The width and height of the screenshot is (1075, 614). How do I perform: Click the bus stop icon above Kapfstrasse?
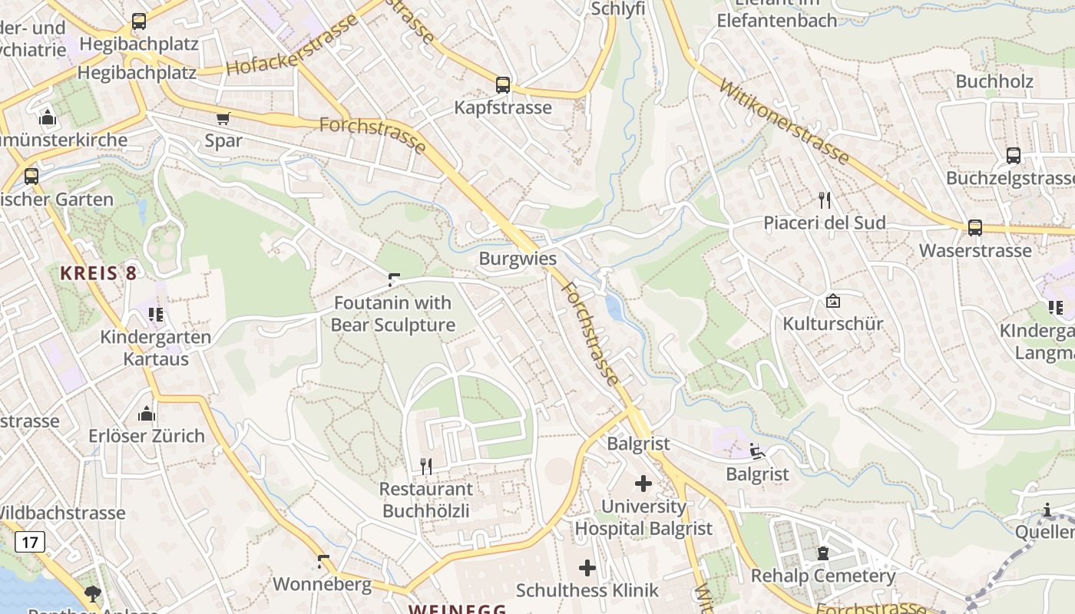(x=503, y=84)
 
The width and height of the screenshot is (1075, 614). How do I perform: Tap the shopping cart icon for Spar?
(x=223, y=118)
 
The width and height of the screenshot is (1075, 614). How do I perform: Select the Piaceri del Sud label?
(x=824, y=223)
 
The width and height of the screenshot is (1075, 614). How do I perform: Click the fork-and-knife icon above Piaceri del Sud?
(x=825, y=200)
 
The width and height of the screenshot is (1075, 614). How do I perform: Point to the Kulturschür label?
(x=832, y=323)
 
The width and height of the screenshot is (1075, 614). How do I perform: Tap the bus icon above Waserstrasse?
(x=974, y=227)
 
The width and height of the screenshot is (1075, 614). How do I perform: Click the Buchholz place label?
(x=994, y=81)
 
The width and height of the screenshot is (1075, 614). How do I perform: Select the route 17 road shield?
(x=30, y=542)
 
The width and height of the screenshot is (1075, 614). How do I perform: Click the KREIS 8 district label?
(x=98, y=272)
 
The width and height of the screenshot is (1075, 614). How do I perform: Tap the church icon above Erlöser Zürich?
(x=147, y=414)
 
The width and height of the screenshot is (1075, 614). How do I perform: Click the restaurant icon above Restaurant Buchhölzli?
(x=426, y=465)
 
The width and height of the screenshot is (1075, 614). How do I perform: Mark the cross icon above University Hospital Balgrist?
(x=643, y=484)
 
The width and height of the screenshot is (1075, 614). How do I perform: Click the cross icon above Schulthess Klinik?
(x=587, y=568)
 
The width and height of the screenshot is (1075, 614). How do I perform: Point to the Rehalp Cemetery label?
(x=823, y=576)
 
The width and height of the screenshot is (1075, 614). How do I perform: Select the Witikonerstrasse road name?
(x=783, y=120)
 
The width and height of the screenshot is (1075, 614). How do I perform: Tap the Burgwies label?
(x=518, y=258)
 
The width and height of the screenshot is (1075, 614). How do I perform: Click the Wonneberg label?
(x=322, y=584)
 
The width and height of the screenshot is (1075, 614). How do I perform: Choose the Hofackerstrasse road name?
(x=292, y=46)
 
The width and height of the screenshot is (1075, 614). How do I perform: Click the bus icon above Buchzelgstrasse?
(x=1013, y=156)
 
